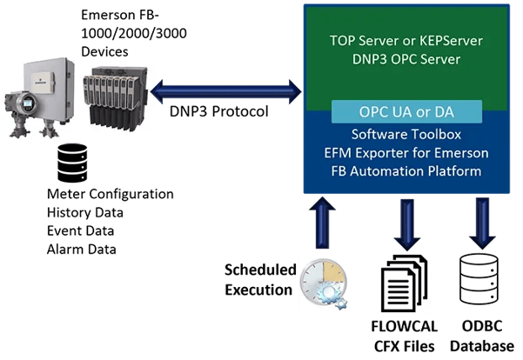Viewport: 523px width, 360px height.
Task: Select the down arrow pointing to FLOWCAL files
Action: tap(403, 223)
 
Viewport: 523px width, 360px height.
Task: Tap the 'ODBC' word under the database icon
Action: tap(480, 328)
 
